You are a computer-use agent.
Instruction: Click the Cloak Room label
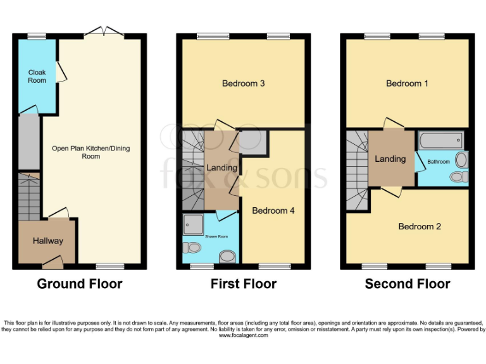[37, 76]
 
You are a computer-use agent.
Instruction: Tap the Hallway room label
[48, 241]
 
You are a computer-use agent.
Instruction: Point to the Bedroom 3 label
[243, 83]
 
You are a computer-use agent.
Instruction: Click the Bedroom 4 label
[273, 211]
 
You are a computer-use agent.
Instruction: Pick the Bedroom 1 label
[408, 83]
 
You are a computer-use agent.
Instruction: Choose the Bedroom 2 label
[420, 226]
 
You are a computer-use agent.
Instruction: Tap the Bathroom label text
[439, 162]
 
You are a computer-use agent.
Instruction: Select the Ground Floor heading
[80, 284]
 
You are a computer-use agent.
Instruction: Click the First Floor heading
[244, 284]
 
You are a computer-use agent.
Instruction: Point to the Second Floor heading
[408, 284]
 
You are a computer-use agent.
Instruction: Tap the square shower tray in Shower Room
[193, 224]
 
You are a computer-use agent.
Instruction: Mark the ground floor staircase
[28, 196]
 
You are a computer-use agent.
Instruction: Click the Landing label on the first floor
[221, 167]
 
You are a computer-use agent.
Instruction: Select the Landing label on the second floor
[390, 159]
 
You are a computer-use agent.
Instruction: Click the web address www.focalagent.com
[244, 336]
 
